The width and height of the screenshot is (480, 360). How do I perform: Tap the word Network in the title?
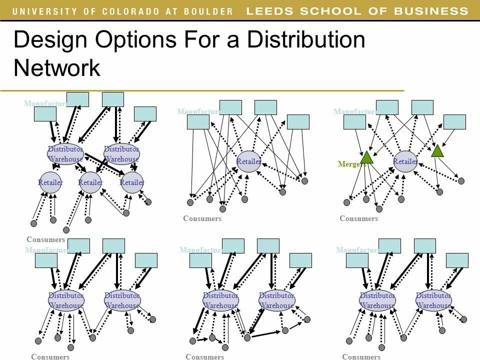pyautogui.click(x=57, y=68)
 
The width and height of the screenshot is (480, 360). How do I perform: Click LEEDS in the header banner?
pyautogui.click(x=270, y=11)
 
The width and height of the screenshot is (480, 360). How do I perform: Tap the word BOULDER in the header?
pyautogui.click(x=209, y=11)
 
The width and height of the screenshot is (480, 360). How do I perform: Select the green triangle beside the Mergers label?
pyautogui.click(x=367, y=157)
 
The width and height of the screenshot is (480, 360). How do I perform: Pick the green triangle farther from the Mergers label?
pyautogui.click(x=437, y=150)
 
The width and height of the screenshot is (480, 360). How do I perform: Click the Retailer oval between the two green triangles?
pyautogui.click(x=405, y=161)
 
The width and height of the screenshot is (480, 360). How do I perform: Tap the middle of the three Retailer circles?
pyautogui.click(x=90, y=182)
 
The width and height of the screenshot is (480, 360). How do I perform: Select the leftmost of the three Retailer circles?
pyautogui.click(x=50, y=182)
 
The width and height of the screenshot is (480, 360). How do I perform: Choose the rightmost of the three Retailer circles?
pyautogui.click(x=132, y=182)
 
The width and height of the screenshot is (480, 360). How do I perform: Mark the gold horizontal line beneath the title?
pyautogui.click(x=200, y=90)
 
